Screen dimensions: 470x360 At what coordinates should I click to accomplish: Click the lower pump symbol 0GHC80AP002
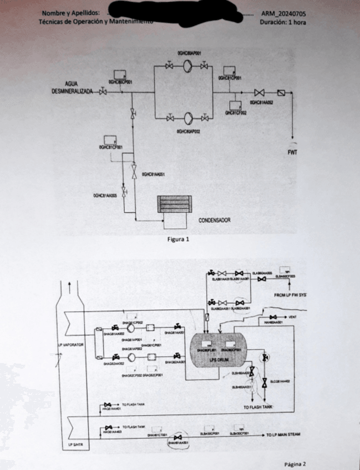click(x=187, y=117)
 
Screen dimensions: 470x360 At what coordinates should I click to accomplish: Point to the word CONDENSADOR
click(x=214, y=220)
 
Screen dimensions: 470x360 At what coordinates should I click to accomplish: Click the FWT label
click(x=292, y=152)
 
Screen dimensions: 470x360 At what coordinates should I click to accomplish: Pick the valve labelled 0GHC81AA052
click(x=258, y=93)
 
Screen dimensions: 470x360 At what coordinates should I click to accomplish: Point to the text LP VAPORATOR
click(x=70, y=344)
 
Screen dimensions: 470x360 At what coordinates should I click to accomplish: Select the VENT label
click(x=293, y=316)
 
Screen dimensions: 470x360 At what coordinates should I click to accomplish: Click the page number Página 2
click(x=295, y=464)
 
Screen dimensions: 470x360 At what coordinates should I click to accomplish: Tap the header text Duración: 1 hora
click(x=282, y=22)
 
